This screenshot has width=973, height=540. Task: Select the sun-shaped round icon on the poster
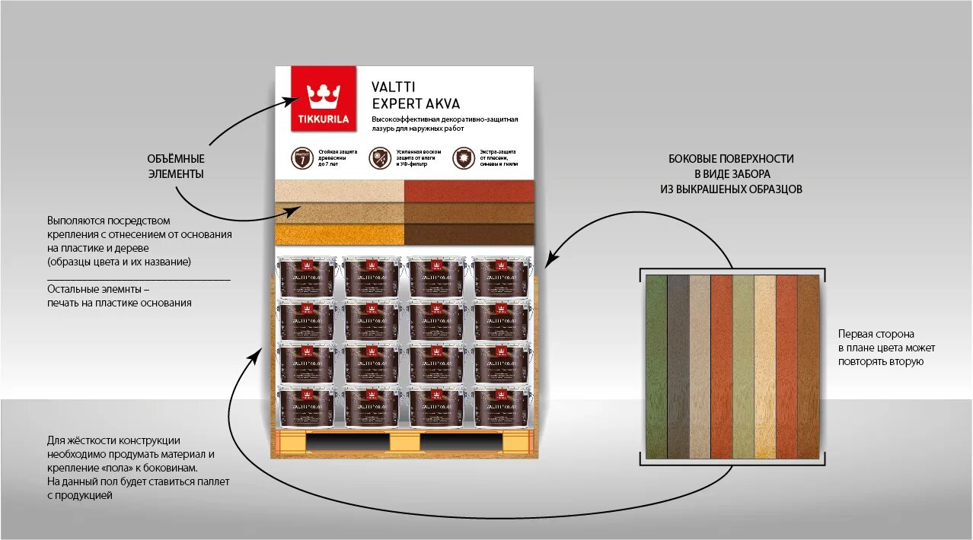point(461,157)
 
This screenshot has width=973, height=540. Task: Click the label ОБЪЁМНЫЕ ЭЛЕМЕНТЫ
point(176,167)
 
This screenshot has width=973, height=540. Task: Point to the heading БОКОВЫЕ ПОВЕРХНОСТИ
point(731,159)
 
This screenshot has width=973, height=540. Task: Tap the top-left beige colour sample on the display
point(339,191)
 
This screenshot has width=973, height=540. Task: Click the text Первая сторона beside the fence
point(876,334)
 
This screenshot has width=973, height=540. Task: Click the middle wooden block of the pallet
point(404,442)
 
